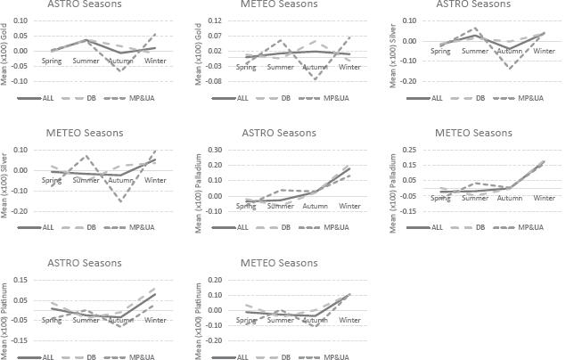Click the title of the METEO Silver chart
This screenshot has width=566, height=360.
pyautogui.click(x=86, y=133)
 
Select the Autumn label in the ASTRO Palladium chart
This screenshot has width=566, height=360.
pyautogui.click(x=316, y=205)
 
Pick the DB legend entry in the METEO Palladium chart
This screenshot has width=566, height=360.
pyautogui.click(x=488, y=226)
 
